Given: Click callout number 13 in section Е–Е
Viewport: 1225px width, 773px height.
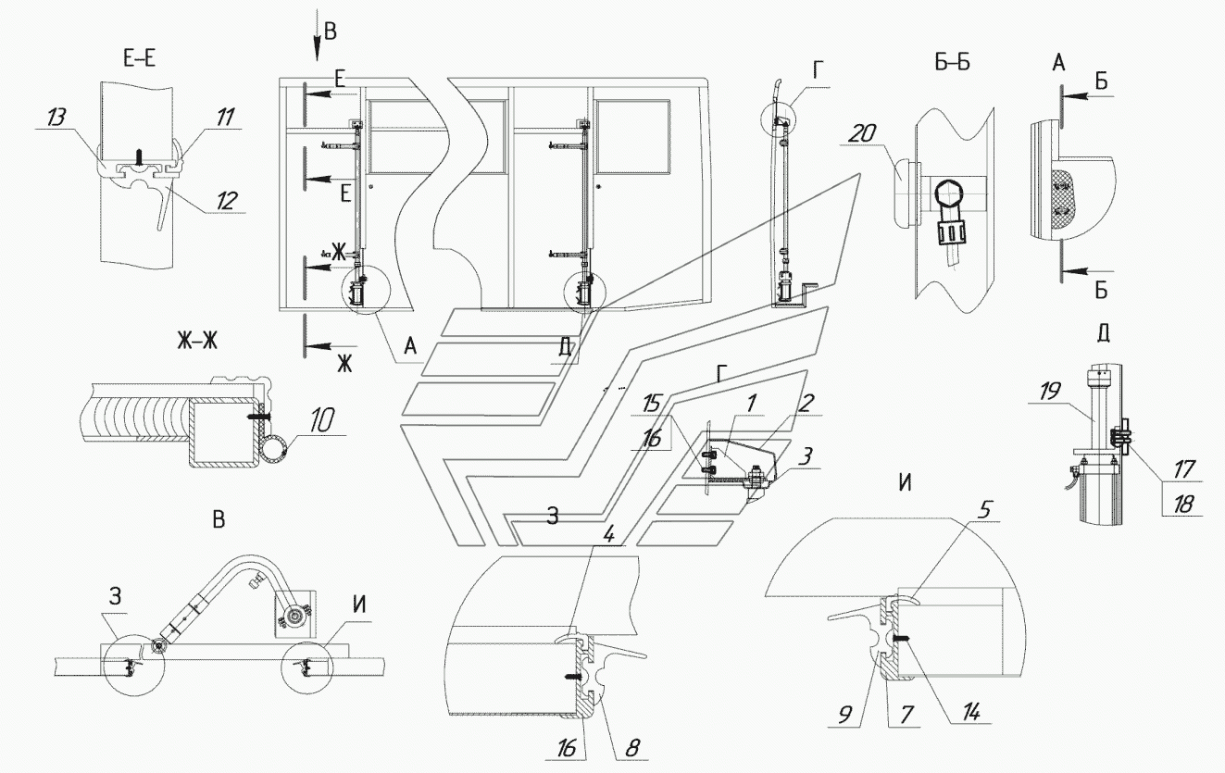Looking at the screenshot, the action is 56,118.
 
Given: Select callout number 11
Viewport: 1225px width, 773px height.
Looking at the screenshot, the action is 224,117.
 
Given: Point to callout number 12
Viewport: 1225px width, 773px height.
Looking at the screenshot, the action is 226,201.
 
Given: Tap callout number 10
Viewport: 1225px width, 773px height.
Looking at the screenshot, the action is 321,421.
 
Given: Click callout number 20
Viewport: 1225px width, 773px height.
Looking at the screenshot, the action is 863,133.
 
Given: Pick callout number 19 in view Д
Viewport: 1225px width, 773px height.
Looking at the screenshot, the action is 1049,392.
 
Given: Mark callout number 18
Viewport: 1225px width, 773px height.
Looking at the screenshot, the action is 1183,504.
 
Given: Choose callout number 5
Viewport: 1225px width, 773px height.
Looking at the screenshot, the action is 984,510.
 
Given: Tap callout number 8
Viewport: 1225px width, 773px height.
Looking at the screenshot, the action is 632,748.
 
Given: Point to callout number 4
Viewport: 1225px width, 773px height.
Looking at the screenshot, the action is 608,535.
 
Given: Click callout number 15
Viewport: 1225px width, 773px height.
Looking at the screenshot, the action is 651,404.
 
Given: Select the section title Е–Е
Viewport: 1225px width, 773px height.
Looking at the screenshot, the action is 140,57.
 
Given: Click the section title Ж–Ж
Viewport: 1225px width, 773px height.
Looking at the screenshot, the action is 197,341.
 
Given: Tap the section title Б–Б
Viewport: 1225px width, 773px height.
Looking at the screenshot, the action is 952,63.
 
